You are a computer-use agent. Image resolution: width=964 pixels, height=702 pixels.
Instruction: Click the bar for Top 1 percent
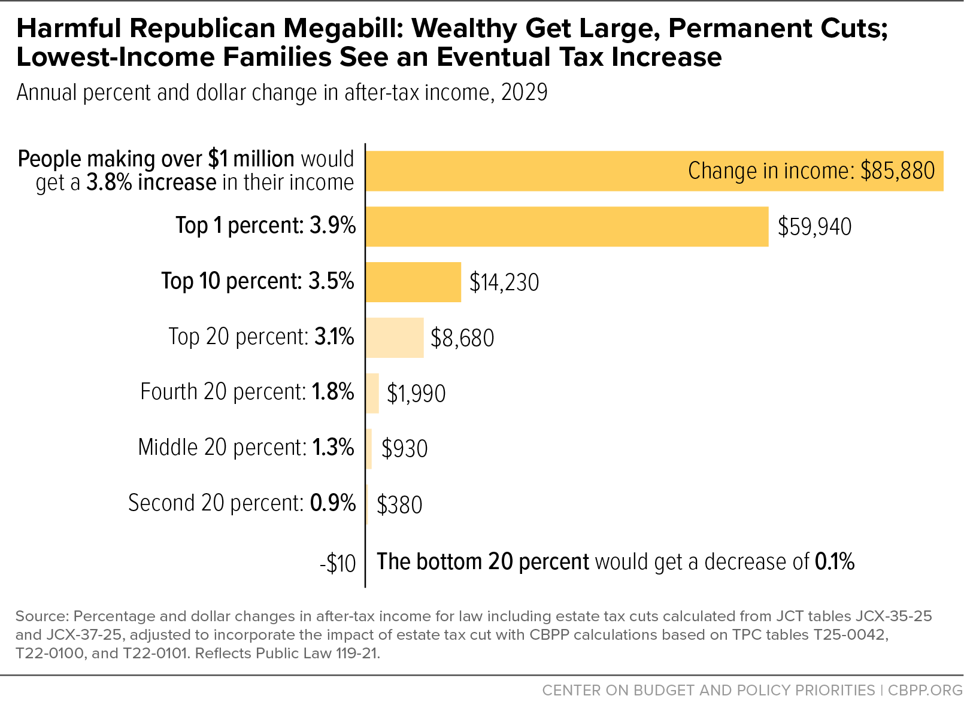[567, 227]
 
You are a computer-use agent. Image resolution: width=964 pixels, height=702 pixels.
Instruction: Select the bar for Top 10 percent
[414, 282]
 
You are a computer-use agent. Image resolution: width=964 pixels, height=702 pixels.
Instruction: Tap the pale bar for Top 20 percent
[395, 338]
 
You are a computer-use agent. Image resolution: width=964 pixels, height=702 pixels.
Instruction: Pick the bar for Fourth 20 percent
[372, 393]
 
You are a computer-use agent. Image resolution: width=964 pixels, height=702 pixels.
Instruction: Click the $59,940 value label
[814, 227]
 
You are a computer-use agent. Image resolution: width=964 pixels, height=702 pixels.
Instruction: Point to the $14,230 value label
[504, 282]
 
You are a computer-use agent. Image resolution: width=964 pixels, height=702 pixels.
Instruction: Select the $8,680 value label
[462, 338]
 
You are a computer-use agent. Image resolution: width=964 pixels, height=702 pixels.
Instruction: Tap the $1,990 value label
[416, 394]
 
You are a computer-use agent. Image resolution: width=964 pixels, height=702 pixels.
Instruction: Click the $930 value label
[405, 449]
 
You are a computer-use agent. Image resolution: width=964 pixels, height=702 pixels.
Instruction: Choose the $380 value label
[399, 505]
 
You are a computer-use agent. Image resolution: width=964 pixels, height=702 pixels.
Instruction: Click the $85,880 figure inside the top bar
[898, 171]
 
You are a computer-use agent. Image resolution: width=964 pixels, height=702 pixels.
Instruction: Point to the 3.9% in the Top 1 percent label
[333, 225]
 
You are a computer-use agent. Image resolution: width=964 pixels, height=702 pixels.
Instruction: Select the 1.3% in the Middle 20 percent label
[333, 447]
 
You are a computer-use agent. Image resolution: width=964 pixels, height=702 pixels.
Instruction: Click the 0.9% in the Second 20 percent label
[333, 503]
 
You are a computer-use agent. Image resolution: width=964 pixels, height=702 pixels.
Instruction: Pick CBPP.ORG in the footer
[925, 690]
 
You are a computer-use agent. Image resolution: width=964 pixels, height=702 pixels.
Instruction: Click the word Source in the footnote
[42, 616]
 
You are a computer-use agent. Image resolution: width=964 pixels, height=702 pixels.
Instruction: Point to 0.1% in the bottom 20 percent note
[835, 562]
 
